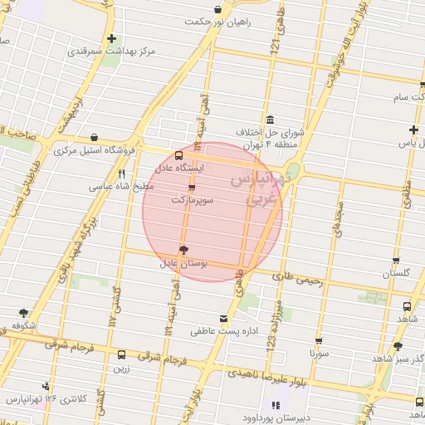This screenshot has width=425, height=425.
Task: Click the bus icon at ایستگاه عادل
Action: tap(179, 155)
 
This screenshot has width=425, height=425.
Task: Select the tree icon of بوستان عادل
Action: tap(184, 250)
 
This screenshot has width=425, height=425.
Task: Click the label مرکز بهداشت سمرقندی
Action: tap(125, 51)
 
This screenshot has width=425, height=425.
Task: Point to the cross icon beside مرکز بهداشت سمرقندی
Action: tap(112, 39)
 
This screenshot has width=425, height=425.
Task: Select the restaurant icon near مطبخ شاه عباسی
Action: tap(121, 174)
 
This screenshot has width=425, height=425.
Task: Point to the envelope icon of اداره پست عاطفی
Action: tap(222, 319)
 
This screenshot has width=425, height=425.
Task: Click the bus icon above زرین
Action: tap(122, 354)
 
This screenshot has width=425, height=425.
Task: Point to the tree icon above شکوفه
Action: tap(23, 313)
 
